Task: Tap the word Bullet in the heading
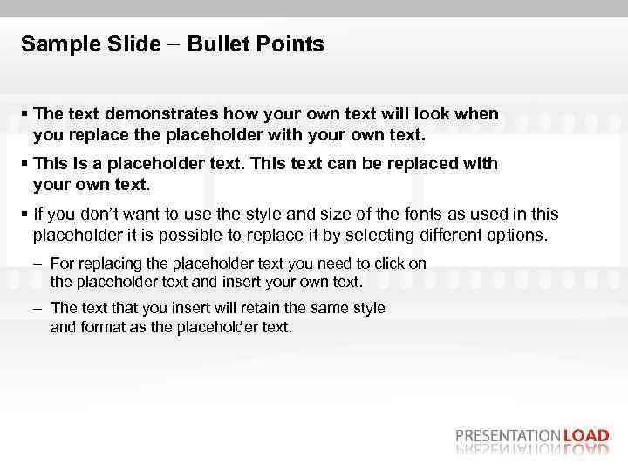coord(205,44)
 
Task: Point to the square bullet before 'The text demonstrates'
coord(25,114)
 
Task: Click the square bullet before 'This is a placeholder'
coord(25,164)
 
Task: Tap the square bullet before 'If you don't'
coord(25,214)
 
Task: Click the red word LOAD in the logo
coord(587,436)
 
